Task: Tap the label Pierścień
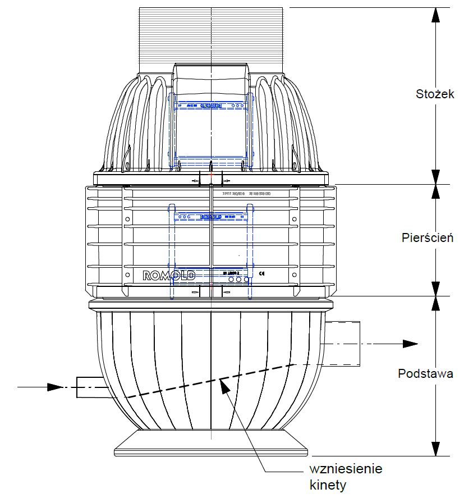(x=428, y=237)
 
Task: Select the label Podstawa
(x=425, y=373)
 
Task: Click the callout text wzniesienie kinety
(x=346, y=476)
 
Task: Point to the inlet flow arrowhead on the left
(x=55, y=387)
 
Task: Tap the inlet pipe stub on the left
(x=90, y=387)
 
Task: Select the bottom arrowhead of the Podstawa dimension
(x=435, y=449)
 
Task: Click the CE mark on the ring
(x=262, y=274)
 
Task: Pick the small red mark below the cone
(x=211, y=174)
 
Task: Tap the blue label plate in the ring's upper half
(x=211, y=216)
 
